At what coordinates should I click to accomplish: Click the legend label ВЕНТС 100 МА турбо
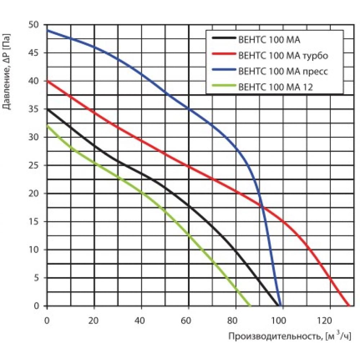[283, 55]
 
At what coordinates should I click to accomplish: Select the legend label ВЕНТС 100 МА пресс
[283, 71]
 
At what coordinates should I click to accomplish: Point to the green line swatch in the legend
[224, 86]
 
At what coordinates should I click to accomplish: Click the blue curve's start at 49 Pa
[47, 30]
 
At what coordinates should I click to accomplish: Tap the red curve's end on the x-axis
[348, 306]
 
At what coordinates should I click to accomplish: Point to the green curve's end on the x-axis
[250, 306]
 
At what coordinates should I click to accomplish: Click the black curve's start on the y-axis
[47, 109]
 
